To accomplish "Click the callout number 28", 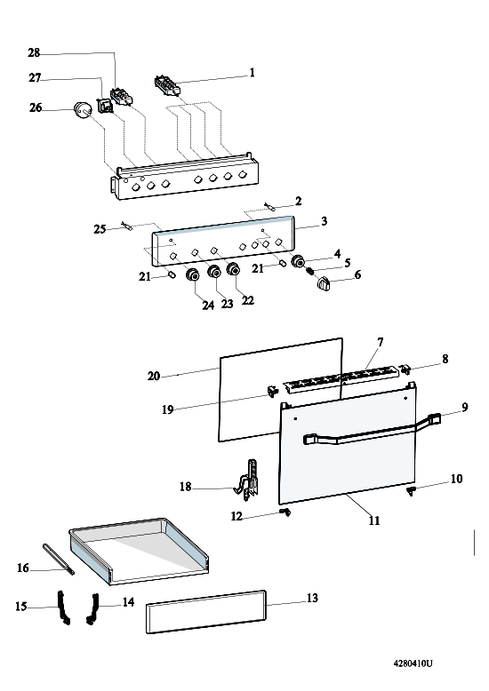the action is pyautogui.click(x=34, y=53).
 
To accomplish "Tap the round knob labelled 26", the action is pyautogui.click(x=82, y=110).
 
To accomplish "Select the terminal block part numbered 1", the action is pyautogui.click(x=168, y=85).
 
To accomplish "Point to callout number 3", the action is pyautogui.click(x=325, y=221).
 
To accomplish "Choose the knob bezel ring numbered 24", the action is pyautogui.click(x=193, y=274).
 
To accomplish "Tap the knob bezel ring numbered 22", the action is pyautogui.click(x=234, y=269).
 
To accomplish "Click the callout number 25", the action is pyautogui.click(x=100, y=229).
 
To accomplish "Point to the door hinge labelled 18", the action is pyautogui.click(x=246, y=481).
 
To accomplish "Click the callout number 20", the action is pyautogui.click(x=154, y=377).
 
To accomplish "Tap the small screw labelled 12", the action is pyautogui.click(x=286, y=512).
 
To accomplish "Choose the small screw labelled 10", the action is pyautogui.click(x=412, y=491).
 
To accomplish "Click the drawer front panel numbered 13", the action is pyautogui.click(x=206, y=612).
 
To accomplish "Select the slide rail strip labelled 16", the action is pyautogui.click(x=59, y=559).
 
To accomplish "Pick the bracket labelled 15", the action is pyautogui.click(x=63, y=608).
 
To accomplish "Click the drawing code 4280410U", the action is pyautogui.click(x=413, y=663).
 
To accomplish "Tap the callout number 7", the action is pyautogui.click(x=380, y=342).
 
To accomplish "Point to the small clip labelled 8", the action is pyautogui.click(x=405, y=369).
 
